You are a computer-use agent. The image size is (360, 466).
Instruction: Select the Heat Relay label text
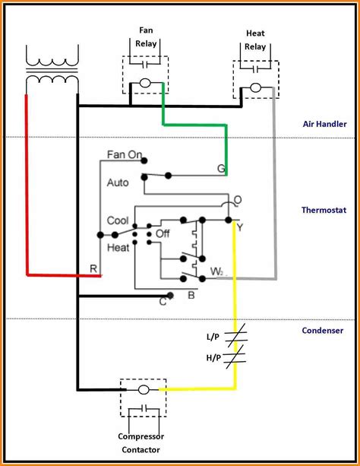pyautogui.click(x=254, y=40)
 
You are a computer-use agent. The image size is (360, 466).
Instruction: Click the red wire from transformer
pyautogui.click(x=27, y=190)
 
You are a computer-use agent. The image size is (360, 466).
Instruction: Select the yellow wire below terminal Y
pyautogui.click(x=235, y=304)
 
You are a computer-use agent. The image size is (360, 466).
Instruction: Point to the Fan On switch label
pyautogui.click(x=125, y=154)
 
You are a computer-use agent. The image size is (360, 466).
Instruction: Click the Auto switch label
pyautogui.click(x=118, y=182)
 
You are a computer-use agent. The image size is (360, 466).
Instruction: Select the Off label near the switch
pyautogui.click(x=163, y=234)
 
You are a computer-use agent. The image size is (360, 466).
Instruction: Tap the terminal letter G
pyautogui.click(x=221, y=169)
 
